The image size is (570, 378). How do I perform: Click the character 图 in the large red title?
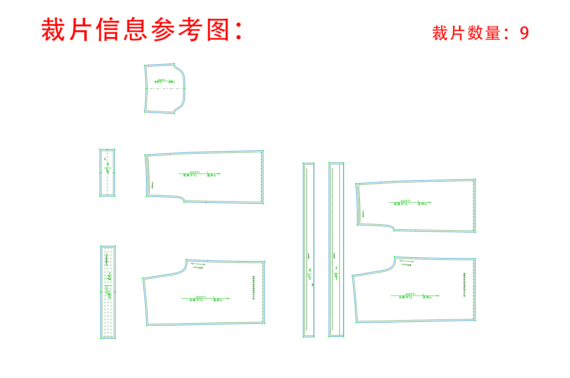pyautogui.click(x=218, y=29)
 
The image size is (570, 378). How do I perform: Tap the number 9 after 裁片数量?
pyautogui.click(x=524, y=33)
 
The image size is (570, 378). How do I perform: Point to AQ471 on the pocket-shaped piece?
pyautogui.click(x=161, y=80)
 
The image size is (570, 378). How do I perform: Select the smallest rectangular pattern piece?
pyautogui.click(x=107, y=172)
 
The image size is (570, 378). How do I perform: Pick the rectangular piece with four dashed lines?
pyautogui.click(x=108, y=292)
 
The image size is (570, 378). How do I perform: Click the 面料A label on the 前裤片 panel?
pyautogui.click(x=211, y=175)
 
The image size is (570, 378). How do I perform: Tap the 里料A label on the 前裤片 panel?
pyautogui.click(x=422, y=204)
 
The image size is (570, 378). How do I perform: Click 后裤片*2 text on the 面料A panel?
pyautogui.click(x=196, y=300)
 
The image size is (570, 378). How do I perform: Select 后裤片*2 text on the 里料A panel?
pyautogui.click(x=405, y=297)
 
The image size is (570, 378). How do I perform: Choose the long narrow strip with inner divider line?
pyautogui.click(x=336, y=249)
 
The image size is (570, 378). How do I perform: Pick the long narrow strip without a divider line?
pyautogui.click(x=309, y=249)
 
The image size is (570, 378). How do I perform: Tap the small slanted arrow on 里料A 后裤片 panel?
pyautogui.click(x=406, y=261)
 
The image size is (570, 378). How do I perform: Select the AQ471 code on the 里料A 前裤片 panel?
pyautogui.click(x=405, y=201)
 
